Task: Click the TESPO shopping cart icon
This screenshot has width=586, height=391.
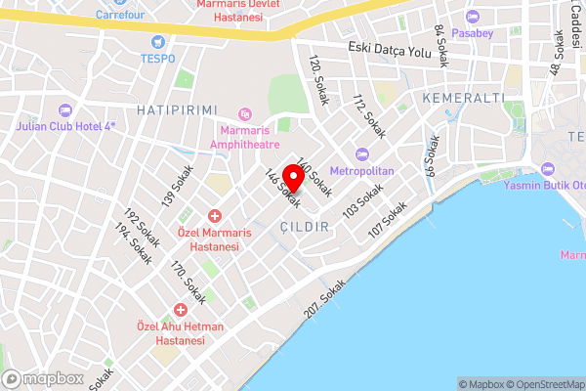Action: [x=157, y=42]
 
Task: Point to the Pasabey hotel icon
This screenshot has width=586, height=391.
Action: [x=474, y=17]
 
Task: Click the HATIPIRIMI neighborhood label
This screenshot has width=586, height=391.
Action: [x=177, y=109]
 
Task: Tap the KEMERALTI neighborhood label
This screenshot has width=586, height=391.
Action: [x=464, y=99]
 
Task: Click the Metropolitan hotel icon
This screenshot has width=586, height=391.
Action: [x=363, y=153]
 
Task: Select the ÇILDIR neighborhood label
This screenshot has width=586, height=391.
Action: [x=306, y=226]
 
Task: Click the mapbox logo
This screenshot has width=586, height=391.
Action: [x=43, y=378]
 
